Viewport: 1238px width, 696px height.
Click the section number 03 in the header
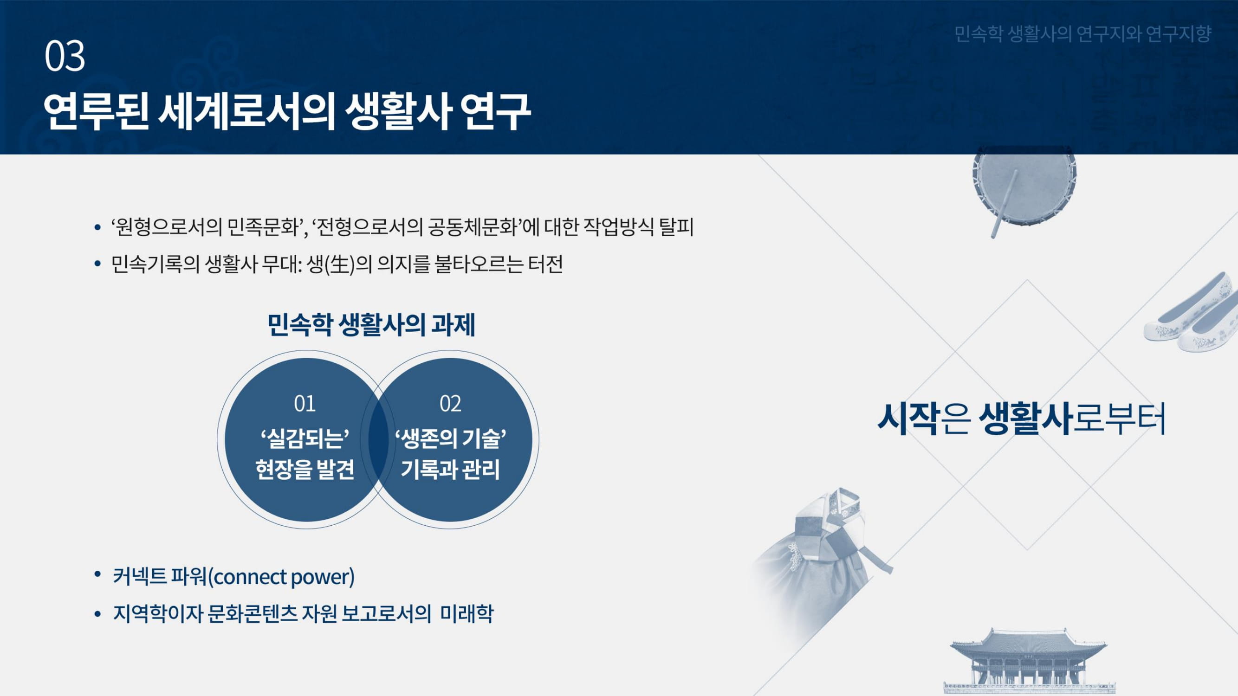[x=65, y=56]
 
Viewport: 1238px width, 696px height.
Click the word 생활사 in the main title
[x=398, y=112]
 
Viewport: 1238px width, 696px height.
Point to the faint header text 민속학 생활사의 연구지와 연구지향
[x=1082, y=34]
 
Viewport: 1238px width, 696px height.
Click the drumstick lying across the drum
[x=1004, y=204]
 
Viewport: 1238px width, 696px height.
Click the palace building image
[x=1029, y=662]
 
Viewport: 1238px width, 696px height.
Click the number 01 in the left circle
[x=305, y=404]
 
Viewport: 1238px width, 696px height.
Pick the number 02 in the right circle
[x=450, y=404]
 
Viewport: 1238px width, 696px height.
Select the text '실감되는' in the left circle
[x=305, y=438]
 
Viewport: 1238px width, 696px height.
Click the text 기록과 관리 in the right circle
[x=450, y=469]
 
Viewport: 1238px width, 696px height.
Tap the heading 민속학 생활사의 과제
[x=371, y=325]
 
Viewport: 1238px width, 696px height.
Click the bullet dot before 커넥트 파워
[x=97, y=574]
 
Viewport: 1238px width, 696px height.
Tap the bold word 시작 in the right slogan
[x=907, y=419]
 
